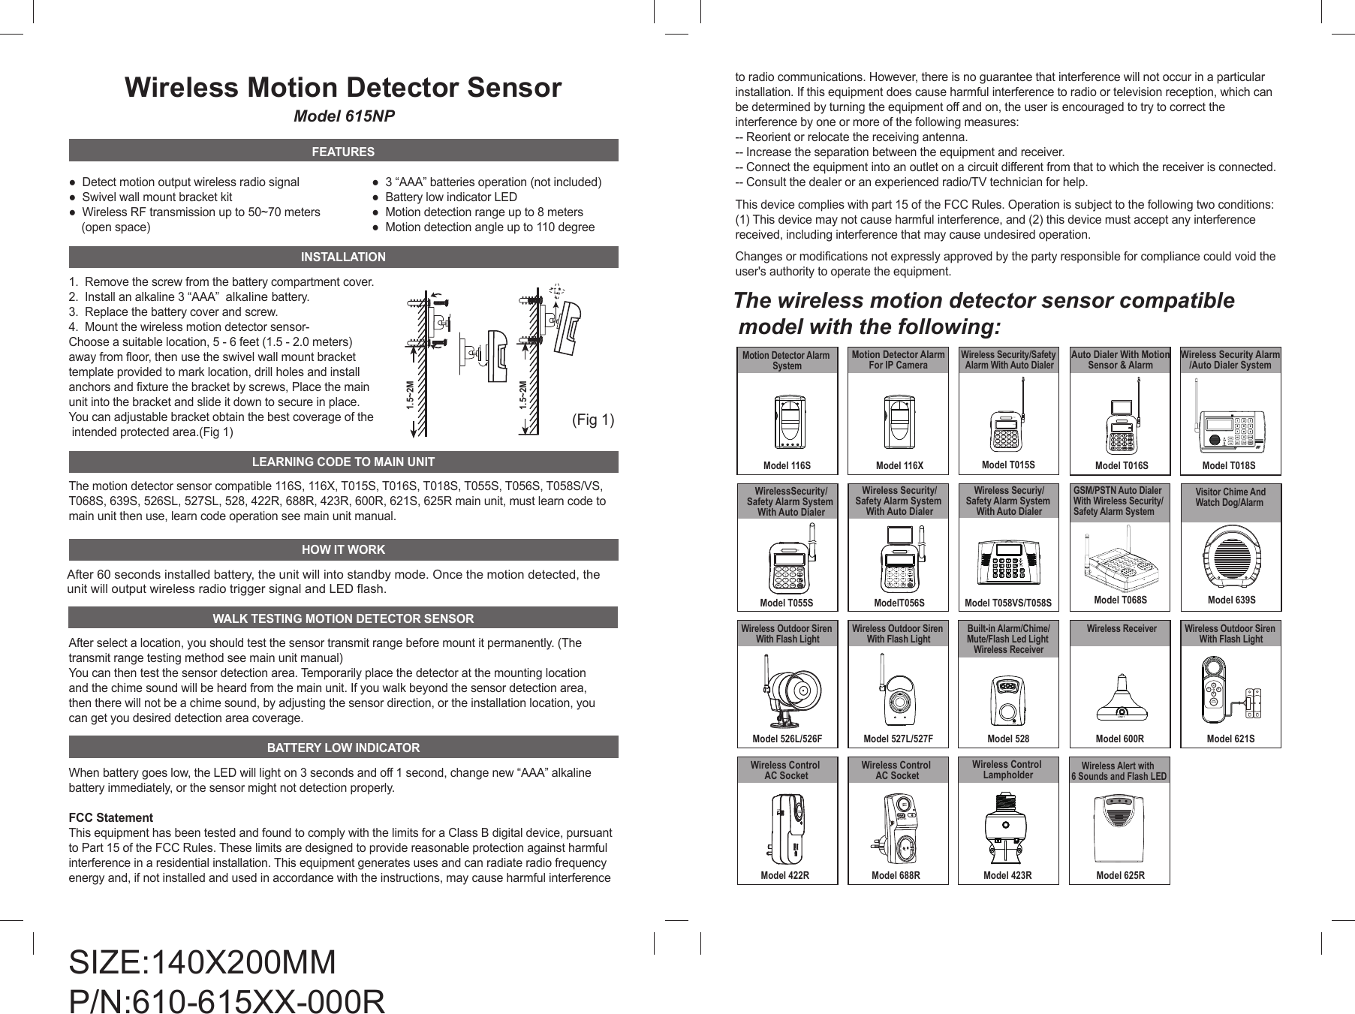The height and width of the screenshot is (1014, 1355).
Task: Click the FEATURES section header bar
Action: pos(343,151)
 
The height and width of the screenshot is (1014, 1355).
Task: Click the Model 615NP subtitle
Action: pos(343,118)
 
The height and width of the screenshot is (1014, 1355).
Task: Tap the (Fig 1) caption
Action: pos(593,420)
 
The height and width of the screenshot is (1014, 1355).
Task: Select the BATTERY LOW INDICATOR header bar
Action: pos(343,748)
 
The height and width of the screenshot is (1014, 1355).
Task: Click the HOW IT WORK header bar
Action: pos(343,550)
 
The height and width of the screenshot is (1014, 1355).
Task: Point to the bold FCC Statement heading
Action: pos(111,817)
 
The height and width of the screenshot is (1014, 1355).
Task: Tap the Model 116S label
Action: pos(787,465)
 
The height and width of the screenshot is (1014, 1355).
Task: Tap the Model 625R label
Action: pos(1120,875)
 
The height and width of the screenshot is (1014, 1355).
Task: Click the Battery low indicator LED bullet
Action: pos(450,197)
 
